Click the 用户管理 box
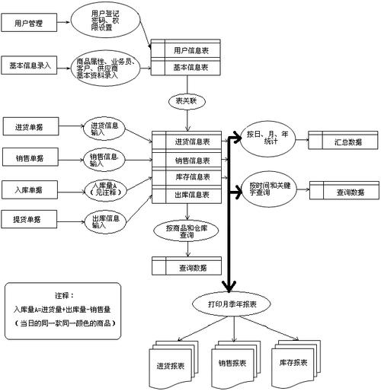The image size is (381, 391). coord(28,24)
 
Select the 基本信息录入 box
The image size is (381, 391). coord(31,65)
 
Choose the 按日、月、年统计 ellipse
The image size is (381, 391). coord(267,138)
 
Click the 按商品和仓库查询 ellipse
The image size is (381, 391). coord(186,231)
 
